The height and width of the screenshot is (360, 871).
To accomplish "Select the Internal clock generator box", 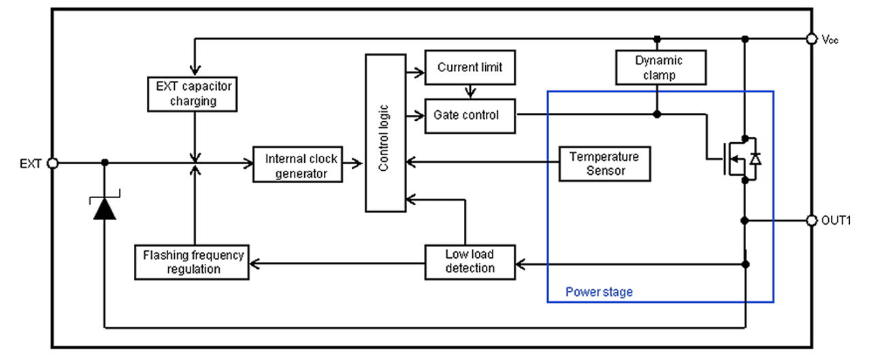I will pyautogui.click(x=301, y=164).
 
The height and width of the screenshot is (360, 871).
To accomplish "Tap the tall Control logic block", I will pyautogui.click(x=384, y=133).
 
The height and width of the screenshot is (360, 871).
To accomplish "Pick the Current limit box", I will pyautogui.click(x=470, y=67).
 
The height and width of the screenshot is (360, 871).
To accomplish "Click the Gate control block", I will pyautogui.click(x=470, y=116).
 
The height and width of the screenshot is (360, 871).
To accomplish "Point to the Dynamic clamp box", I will pyautogui.click(x=659, y=67).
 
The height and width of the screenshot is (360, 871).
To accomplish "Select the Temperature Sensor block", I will pyautogui.click(x=604, y=163).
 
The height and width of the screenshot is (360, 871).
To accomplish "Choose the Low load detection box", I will pyautogui.click(x=470, y=261).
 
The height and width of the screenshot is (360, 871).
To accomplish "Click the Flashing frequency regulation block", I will pyautogui.click(x=192, y=262).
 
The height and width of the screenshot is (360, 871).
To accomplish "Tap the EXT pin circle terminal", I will pyautogui.click(x=53, y=163).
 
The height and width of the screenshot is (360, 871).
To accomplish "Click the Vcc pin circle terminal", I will pyautogui.click(x=810, y=39).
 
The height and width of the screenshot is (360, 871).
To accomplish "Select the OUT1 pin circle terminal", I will pyautogui.click(x=810, y=220).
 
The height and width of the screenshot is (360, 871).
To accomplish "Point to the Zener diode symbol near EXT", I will pyautogui.click(x=104, y=206).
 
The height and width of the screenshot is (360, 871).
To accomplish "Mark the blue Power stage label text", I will pyautogui.click(x=599, y=293).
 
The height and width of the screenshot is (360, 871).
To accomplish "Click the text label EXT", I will pyautogui.click(x=30, y=163).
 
